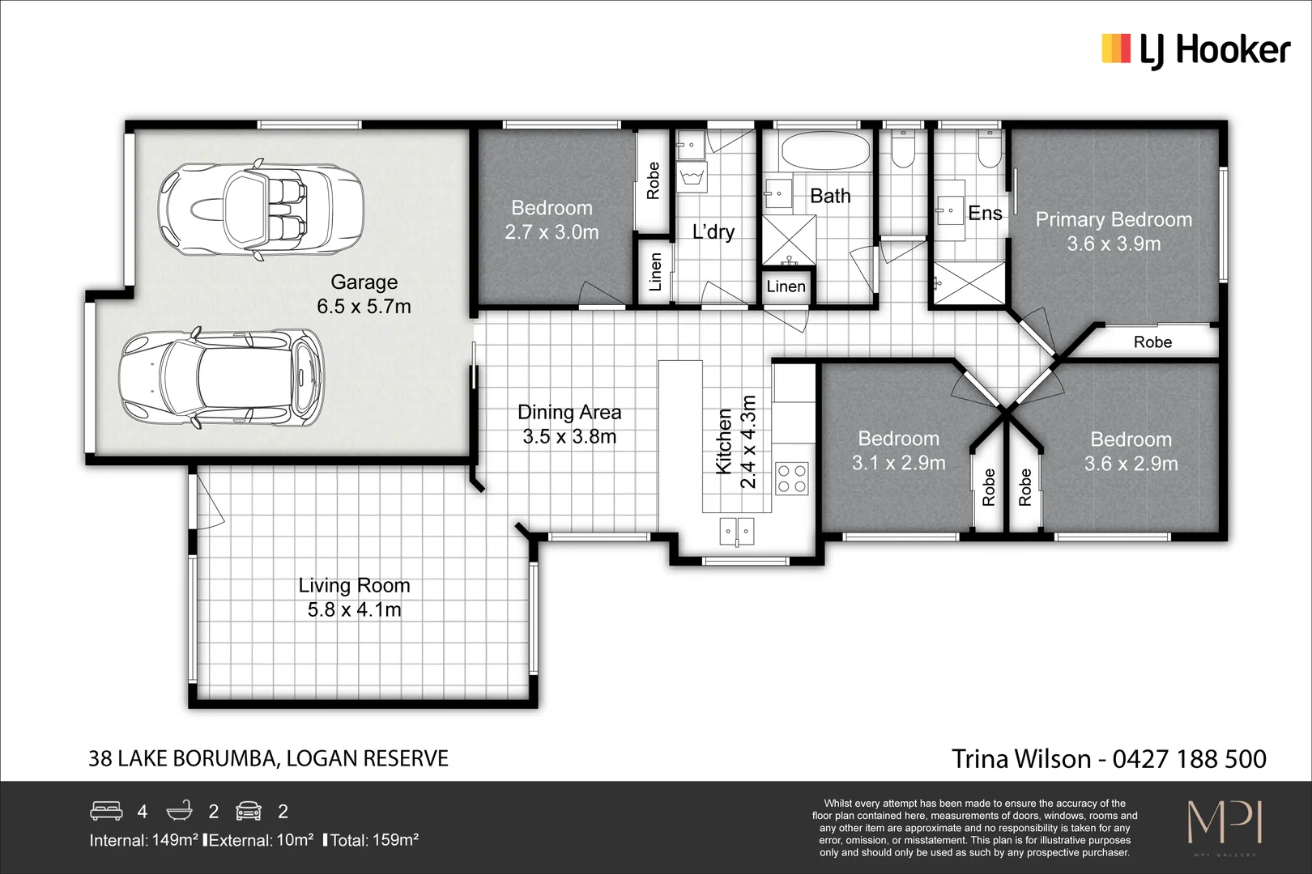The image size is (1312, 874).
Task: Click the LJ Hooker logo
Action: tap(1195, 50)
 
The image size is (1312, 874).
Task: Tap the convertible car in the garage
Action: tap(259, 210)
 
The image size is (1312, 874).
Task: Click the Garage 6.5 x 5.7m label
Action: tap(364, 294)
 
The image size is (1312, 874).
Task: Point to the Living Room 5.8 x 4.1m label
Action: tap(354, 597)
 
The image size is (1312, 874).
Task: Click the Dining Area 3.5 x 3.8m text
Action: tap(569, 424)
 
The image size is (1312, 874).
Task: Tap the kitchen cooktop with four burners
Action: tap(791, 477)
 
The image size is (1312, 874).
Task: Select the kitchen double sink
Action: tap(737, 532)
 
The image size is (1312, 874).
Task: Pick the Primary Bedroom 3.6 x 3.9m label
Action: tap(1114, 231)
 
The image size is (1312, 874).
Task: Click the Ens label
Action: tap(985, 213)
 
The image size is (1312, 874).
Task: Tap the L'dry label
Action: tap(714, 232)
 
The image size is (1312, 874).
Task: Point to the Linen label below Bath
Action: tap(786, 286)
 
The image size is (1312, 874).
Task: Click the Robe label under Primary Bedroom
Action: tap(1152, 342)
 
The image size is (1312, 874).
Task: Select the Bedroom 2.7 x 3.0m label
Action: tap(552, 220)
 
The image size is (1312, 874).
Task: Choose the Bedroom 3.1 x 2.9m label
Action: tap(898, 451)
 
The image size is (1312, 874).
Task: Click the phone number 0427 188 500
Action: tap(1189, 759)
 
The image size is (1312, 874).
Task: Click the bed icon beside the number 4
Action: tap(106, 810)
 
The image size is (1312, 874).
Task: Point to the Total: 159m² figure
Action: tap(374, 840)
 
